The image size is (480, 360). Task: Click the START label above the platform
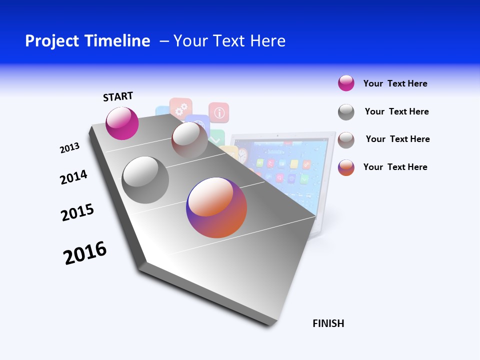118,96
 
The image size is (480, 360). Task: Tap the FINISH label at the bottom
328,323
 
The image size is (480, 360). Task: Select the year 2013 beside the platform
69,147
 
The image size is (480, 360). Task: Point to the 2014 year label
73,177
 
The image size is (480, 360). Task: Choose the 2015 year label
77,212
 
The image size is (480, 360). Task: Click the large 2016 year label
85,252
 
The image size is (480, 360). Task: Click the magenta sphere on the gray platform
122,123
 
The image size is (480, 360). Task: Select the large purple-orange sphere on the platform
216,207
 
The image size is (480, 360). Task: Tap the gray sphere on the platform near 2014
145,179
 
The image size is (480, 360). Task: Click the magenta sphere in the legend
346,83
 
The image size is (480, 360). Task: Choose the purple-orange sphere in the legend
346,167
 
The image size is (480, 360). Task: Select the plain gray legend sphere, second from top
346,111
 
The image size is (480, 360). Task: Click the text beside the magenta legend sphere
395,83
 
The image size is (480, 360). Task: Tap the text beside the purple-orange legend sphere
395,167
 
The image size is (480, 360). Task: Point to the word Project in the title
52,41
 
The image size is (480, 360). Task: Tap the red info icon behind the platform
218,112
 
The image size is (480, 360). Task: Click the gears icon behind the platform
181,106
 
